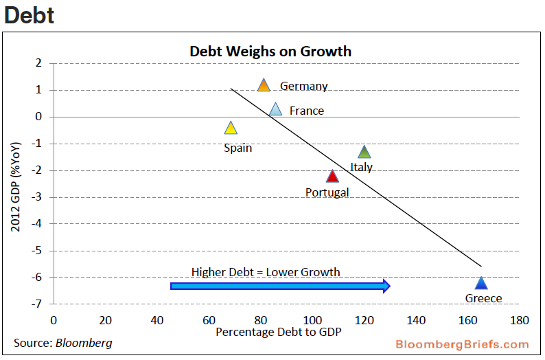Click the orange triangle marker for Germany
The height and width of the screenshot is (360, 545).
point(264,85)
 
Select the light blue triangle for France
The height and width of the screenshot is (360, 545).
point(275,109)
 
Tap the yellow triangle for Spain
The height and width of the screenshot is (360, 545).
point(231,128)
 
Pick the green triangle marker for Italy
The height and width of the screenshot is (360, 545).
point(364,153)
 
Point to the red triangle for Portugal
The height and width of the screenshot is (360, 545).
point(332,177)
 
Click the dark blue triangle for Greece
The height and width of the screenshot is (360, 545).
point(481,284)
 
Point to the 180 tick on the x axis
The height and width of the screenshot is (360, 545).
point(520,320)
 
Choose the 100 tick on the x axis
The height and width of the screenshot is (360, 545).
point(312,320)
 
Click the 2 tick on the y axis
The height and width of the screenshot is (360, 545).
point(39,63)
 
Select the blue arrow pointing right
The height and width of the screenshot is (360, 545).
point(280,286)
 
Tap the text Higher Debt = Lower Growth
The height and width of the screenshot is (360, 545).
point(265,272)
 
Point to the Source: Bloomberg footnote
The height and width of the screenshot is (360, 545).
point(62,343)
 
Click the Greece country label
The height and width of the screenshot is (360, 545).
point(483,298)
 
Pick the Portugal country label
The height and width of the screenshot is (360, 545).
point(327,192)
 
